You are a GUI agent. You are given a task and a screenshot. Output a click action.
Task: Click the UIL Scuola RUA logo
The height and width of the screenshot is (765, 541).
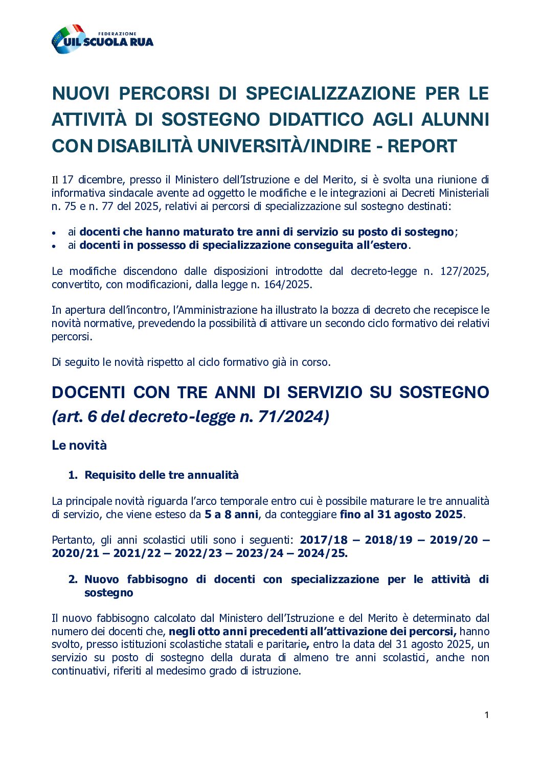pos(102,39)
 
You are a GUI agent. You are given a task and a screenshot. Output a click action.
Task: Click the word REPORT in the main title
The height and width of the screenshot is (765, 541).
pos(422,146)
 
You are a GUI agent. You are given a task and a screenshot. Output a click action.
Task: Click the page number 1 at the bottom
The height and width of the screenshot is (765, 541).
pos(486,715)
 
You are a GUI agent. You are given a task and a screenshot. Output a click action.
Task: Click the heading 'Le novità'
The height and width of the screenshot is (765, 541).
pos(79,445)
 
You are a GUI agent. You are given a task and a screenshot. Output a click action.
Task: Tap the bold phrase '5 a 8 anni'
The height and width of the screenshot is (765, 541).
pos(231,515)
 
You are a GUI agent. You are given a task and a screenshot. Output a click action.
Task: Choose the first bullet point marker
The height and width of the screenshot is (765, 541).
pos(54,233)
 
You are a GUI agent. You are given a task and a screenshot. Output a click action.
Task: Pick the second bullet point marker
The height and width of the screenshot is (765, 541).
pos(54,246)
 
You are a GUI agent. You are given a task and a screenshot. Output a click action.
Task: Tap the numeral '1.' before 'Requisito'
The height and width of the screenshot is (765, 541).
pos(73,475)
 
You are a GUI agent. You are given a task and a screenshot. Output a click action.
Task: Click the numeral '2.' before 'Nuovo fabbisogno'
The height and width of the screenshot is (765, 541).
pos(73,579)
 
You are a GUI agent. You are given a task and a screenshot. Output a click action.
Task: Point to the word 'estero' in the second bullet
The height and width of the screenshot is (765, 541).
pos(392,245)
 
